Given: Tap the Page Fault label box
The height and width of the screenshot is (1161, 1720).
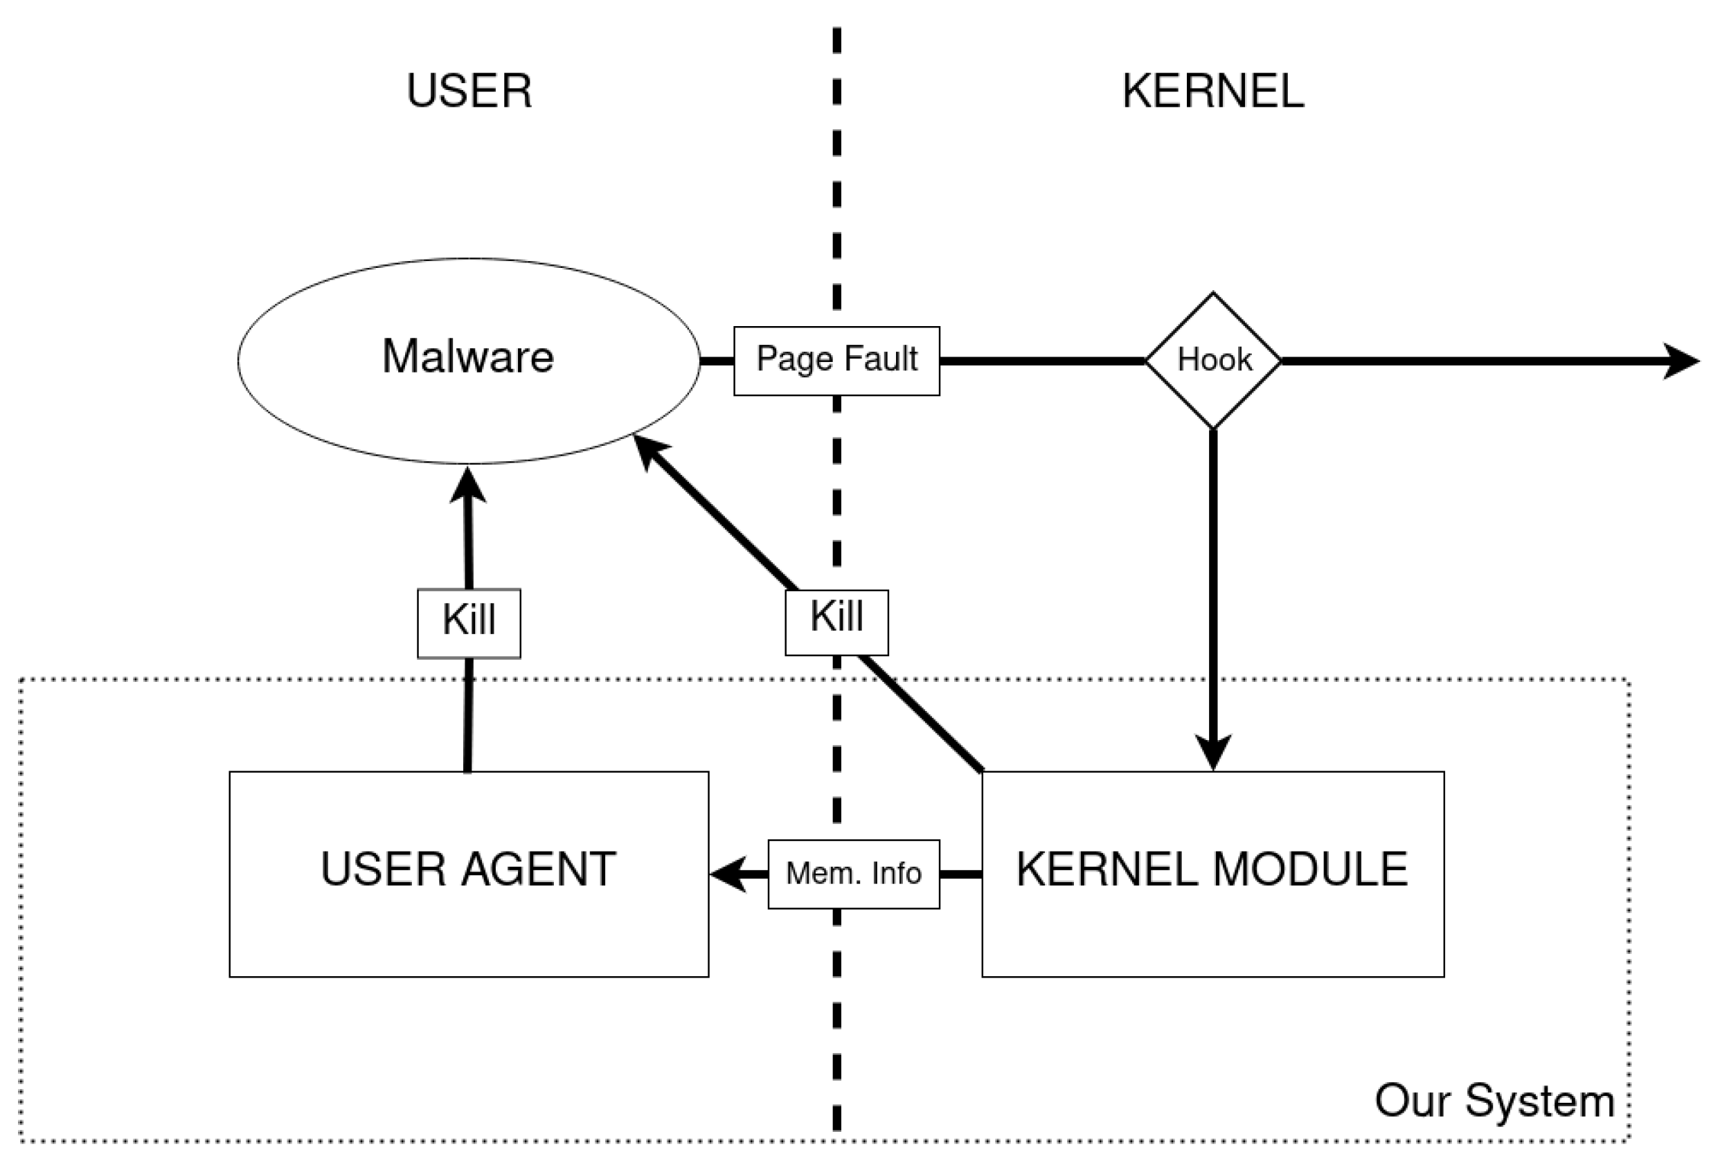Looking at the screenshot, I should point(836,361).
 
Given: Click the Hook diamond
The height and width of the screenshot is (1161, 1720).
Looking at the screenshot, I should point(1213,361).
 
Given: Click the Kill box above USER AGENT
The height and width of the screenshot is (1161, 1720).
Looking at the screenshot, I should point(469,623).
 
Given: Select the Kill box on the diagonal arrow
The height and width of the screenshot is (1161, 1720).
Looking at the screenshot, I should point(836,622).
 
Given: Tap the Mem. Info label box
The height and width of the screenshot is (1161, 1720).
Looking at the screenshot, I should point(853,874).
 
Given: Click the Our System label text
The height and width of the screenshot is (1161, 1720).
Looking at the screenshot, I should point(1494,1100).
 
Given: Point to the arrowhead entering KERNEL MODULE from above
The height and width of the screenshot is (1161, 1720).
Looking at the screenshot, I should point(1213,753).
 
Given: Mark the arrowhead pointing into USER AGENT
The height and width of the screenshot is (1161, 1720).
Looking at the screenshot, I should point(728,874).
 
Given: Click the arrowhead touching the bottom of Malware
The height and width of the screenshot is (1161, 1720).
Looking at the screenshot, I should point(468,485).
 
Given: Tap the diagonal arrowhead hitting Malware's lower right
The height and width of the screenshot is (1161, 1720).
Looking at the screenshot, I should point(649,449).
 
